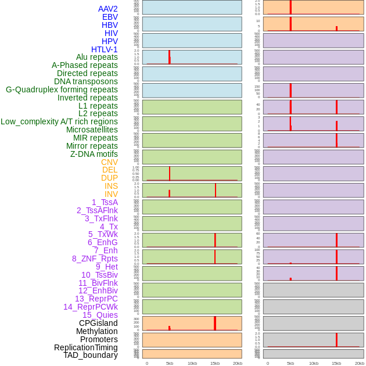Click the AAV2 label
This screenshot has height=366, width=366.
point(108,9)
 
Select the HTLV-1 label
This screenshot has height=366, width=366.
point(105,49)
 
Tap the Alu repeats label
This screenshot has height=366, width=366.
point(97,57)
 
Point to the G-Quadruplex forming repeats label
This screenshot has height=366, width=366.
point(62,89)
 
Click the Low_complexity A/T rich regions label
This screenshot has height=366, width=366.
point(59,121)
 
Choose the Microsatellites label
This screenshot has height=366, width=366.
point(92,130)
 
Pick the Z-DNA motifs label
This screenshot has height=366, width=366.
point(94,154)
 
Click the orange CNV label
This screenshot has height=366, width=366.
point(109,162)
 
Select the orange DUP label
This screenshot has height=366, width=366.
point(109,178)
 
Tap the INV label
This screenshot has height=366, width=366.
point(111,194)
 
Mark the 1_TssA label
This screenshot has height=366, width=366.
point(105,202)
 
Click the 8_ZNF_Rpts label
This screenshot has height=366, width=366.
point(95,259)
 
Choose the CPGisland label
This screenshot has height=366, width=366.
point(98,323)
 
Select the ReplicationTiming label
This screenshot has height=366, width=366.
point(86,347)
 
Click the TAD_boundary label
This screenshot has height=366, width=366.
point(91,355)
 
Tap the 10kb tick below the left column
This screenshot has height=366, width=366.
point(192,363)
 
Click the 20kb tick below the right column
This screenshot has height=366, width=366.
point(359,363)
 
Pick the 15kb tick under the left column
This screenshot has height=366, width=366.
point(215,363)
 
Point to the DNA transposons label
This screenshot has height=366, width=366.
point(86,81)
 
